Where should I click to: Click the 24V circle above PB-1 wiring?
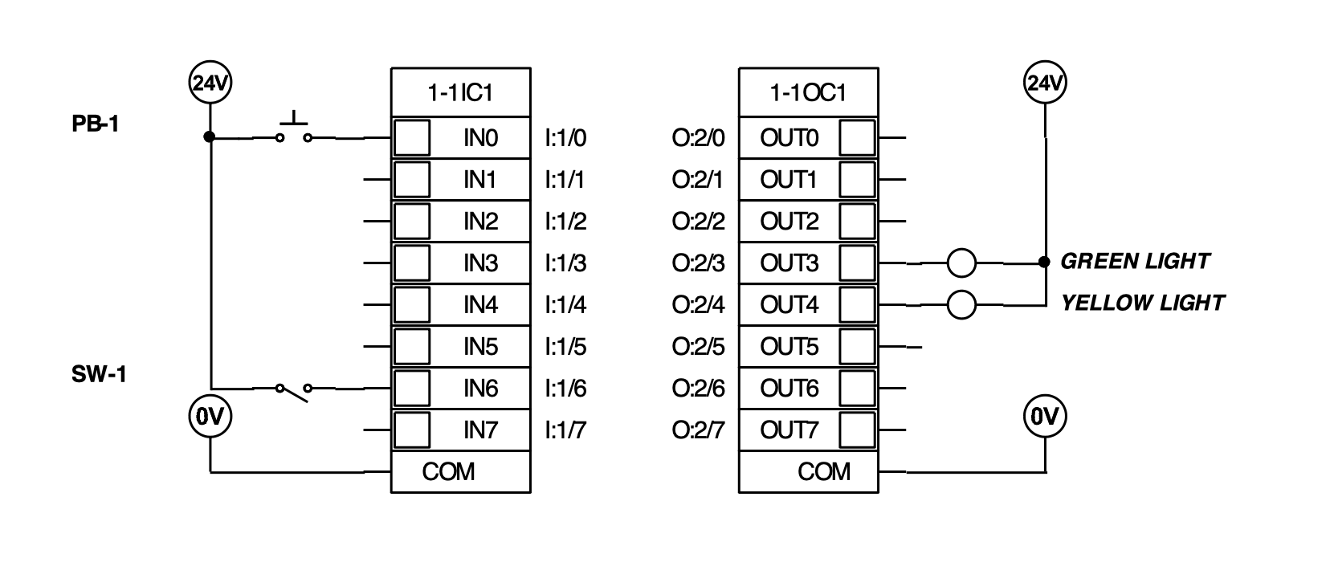tap(210, 83)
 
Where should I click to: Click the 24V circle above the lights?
tap(1045, 83)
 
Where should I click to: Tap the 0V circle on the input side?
tap(210, 417)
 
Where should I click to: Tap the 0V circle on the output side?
tap(1045, 417)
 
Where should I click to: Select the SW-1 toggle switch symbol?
tap(294, 390)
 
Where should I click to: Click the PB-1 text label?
tap(95, 124)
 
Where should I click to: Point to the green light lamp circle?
tap(961, 263)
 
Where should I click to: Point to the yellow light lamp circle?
tap(961, 304)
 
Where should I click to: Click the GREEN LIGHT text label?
tap(1135, 261)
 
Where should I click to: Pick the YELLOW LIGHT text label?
tap(1142, 303)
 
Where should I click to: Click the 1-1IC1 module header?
tap(460, 93)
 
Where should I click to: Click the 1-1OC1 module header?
tap(808, 93)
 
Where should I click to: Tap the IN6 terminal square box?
tap(412, 388)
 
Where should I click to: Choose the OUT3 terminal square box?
tap(857, 263)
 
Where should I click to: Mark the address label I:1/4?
tap(565, 305)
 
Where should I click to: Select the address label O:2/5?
tap(698, 347)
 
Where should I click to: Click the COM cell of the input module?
tap(460, 471)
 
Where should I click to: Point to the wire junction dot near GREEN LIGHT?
tap(1044, 262)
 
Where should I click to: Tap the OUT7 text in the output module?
tap(789, 430)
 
